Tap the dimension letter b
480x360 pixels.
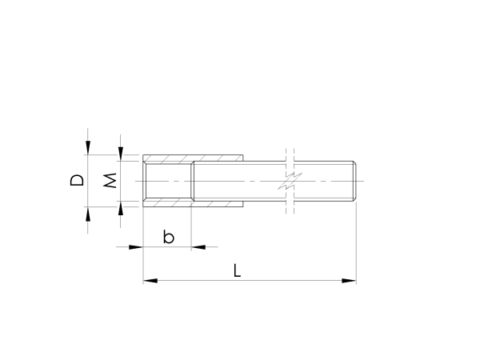168,237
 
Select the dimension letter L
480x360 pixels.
238,270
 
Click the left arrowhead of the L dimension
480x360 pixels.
149,281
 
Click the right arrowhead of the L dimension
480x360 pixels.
350,281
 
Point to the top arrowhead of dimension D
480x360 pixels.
88,147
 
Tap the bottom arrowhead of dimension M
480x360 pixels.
121,210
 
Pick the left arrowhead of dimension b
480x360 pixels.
136,246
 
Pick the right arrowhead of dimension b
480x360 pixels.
198,246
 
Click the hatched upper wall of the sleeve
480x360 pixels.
192,158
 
